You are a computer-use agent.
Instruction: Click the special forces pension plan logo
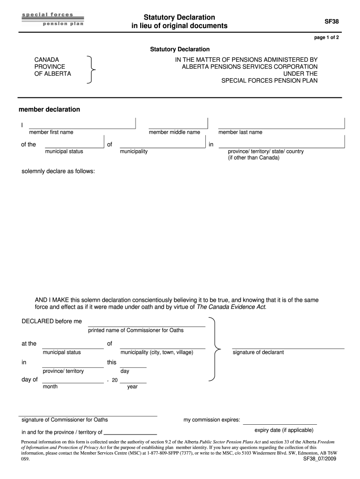pos(52,19)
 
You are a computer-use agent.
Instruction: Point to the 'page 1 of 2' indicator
pos(326,38)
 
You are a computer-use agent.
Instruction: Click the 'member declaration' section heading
pos(49,109)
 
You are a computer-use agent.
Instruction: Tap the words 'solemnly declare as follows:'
pos(58,171)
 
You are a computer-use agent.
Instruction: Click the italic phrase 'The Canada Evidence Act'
pos(231,307)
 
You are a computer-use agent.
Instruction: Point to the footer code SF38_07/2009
pos(317,459)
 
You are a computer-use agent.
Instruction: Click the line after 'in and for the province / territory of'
pos(130,432)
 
